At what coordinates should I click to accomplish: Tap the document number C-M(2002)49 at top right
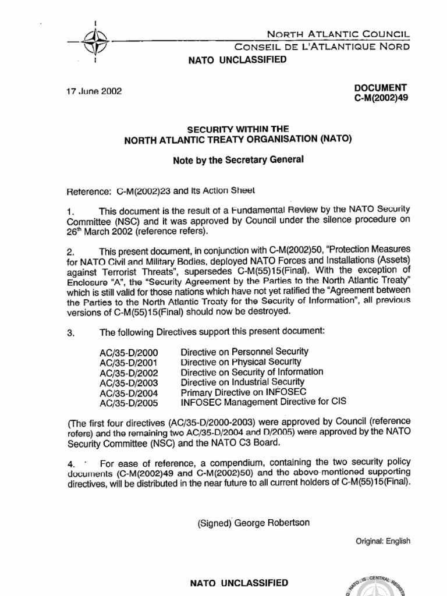click(x=381, y=98)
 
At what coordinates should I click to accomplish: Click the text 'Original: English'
click(x=383, y=541)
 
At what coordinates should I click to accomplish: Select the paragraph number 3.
click(x=70, y=332)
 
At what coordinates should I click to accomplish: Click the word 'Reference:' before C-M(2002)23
click(x=91, y=190)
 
